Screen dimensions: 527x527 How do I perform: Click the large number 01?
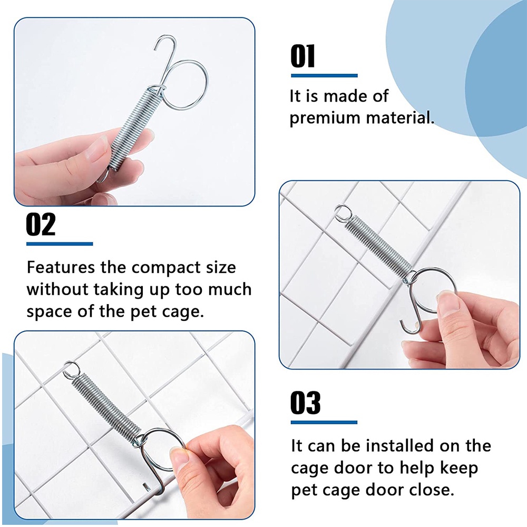coord(302,56)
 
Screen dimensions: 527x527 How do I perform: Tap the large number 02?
coord(41,225)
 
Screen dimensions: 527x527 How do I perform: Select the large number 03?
coord(305,403)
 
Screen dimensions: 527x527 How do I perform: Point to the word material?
coord(400,118)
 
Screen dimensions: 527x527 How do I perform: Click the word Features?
coord(61,268)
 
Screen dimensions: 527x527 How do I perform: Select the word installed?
coord(400,446)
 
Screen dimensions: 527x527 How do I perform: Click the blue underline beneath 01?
coord(324,75)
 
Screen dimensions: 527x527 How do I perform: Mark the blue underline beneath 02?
coord(60,244)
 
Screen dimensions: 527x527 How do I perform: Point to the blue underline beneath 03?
coord(324,423)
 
